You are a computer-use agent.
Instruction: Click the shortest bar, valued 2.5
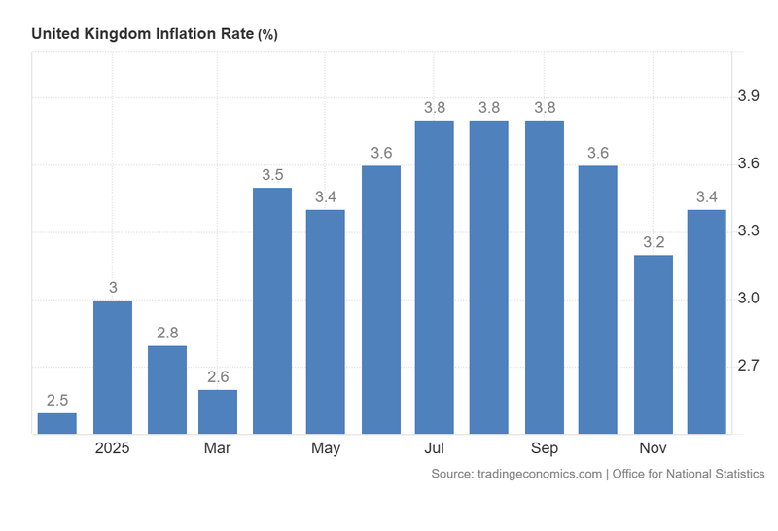tap(56, 423)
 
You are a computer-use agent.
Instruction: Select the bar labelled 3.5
tap(271, 310)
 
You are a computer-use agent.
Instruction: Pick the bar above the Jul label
tap(434, 277)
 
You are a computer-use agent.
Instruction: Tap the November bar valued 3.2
tap(653, 344)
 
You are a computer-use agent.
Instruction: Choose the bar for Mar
tap(218, 411)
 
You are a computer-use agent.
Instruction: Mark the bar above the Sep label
tap(544, 277)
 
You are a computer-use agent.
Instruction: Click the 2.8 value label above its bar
tap(166, 333)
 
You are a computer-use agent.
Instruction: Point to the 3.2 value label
tap(653, 242)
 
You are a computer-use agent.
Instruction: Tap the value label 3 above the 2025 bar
tap(112, 287)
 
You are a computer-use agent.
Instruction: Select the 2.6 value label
tap(218, 377)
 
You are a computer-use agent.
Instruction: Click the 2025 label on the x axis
tap(112, 448)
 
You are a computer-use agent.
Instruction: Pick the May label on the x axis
tap(326, 448)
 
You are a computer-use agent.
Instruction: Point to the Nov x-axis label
tap(653, 448)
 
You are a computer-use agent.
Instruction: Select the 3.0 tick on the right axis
tap(750, 298)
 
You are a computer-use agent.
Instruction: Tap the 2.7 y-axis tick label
tap(750, 366)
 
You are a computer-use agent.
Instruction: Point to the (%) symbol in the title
tap(267, 34)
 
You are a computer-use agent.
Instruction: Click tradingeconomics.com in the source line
tap(542, 474)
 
